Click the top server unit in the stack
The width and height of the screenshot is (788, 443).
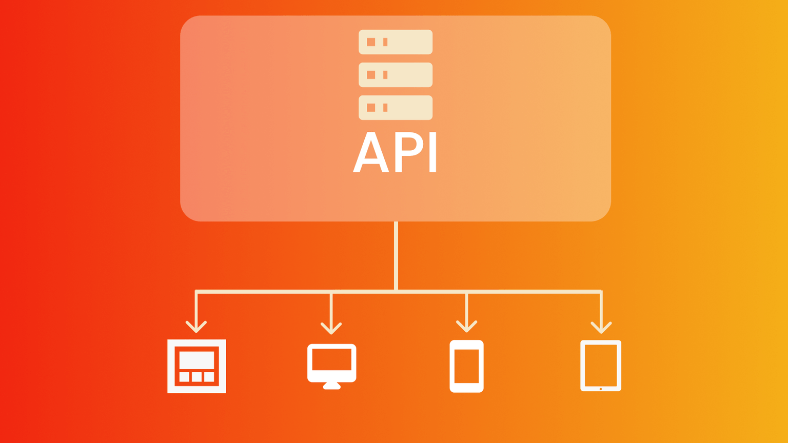pyautogui.click(x=396, y=42)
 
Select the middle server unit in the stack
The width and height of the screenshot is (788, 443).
pyautogui.click(x=396, y=75)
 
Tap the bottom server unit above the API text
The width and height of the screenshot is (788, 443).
pyautogui.click(x=396, y=108)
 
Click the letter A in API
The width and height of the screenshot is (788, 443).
pyautogui.click(x=370, y=153)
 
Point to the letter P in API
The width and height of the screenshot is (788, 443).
pyautogui.click(x=408, y=152)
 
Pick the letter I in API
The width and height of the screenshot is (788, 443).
pyautogui.click(x=432, y=152)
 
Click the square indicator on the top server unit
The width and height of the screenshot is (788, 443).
pyautogui.click(x=371, y=42)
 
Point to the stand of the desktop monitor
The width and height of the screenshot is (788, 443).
pyautogui.click(x=331, y=386)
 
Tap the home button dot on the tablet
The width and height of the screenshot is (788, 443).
pyautogui.click(x=601, y=389)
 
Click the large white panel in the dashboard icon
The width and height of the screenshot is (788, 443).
pyautogui.click(x=196, y=360)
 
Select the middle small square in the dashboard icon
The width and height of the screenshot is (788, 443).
pyautogui.click(x=196, y=377)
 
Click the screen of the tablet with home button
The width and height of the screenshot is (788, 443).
pyautogui.click(x=601, y=365)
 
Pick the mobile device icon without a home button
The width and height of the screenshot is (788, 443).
pyautogui.click(x=466, y=366)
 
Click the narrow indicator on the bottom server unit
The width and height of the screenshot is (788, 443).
pyautogui.click(x=385, y=108)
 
